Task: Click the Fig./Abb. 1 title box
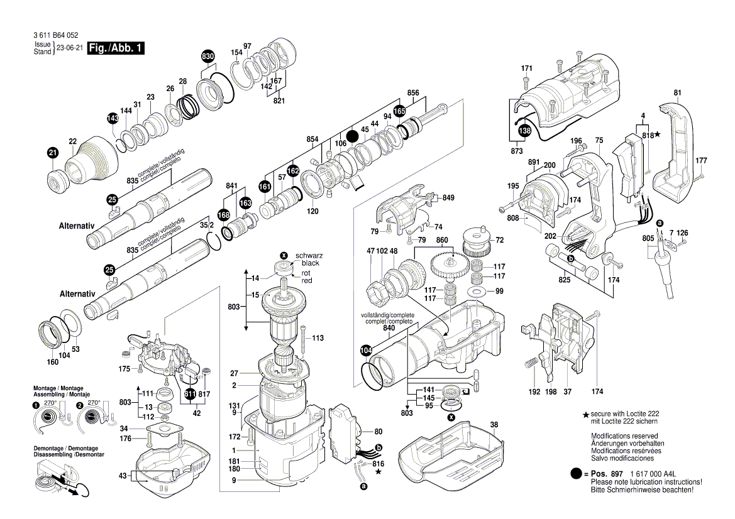[x=116, y=48]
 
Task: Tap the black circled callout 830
[x=208, y=57]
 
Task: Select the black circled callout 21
[x=53, y=153]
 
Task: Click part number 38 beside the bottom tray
[x=494, y=425]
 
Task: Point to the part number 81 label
[x=677, y=94]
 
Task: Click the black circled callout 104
[x=366, y=350]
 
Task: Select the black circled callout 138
[x=524, y=130]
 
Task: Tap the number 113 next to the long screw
[x=318, y=338]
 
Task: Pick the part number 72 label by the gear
[x=500, y=241]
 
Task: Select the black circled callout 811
[x=190, y=394]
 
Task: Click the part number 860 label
[x=442, y=241]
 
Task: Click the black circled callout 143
[x=112, y=118]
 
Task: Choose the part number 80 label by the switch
[x=378, y=432]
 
